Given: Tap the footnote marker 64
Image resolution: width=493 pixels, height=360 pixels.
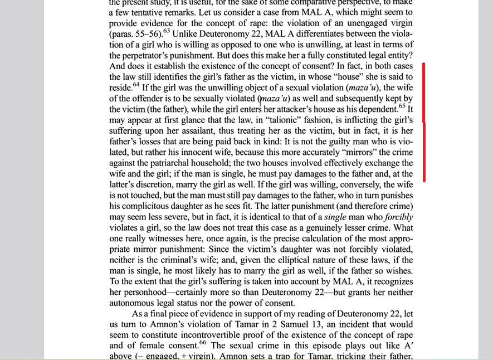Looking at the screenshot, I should pyautogui.click(x=136, y=85).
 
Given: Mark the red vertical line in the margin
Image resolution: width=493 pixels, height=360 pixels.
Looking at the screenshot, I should pyautogui.click(x=424, y=122).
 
